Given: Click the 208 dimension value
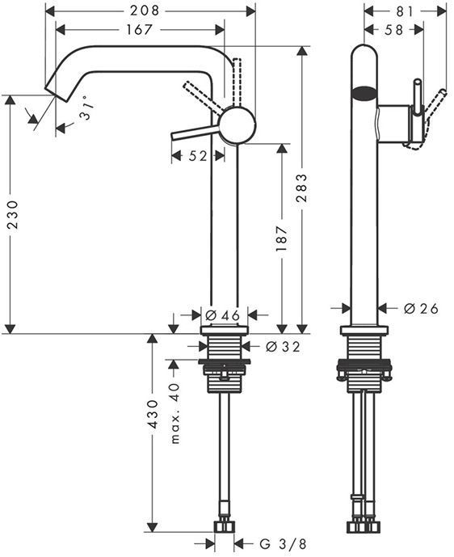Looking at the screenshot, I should pyautogui.click(x=149, y=11).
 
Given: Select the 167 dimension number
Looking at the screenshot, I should pyautogui.click(x=140, y=29).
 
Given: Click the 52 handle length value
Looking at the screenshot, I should pyautogui.click(x=197, y=155).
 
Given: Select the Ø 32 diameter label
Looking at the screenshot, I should pyautogui.click(x=282, y=347).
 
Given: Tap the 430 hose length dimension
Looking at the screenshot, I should pyautogui.click(x=153, y=437).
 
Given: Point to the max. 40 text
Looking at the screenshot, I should pyautogui.click(x=175, y=412).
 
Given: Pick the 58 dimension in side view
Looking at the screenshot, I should pyautogui.click(x=394, y=29).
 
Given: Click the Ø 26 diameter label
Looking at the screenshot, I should pyautogui.click(x=420, y=308).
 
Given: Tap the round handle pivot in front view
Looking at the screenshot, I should pyautogui.click(x=238, y=125).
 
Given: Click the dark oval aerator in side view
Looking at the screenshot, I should pyautogui.click(x=365, y=91).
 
